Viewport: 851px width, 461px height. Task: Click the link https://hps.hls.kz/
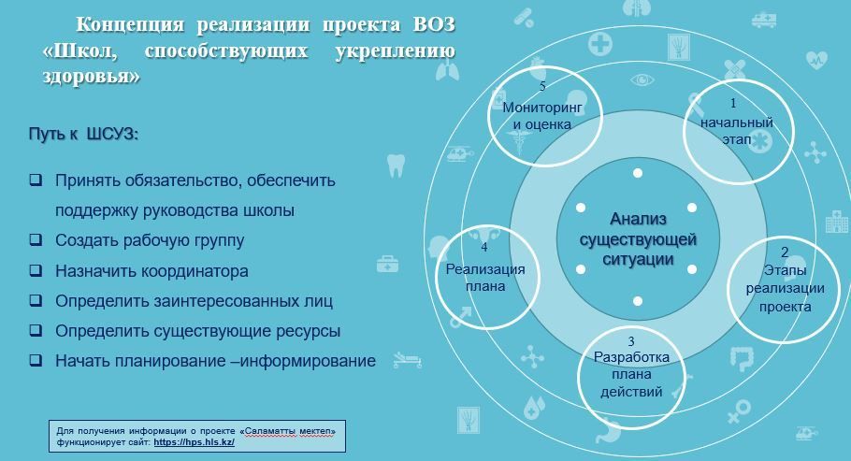coord(194,442)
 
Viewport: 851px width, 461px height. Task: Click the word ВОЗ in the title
coord(434,25)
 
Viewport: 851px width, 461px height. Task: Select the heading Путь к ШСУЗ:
coord(83,134)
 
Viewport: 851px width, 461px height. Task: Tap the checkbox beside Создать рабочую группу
coord(36,239)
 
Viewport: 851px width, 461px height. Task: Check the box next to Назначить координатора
coord(36,269)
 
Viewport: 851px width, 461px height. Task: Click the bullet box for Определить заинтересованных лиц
coord(36,299)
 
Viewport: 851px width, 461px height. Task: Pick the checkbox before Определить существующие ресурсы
coord(36,329)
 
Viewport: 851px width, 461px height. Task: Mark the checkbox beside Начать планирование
coord(36,359)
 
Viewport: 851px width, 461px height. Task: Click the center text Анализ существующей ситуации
coord(638,239)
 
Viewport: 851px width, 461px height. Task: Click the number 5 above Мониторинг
coord(542,86)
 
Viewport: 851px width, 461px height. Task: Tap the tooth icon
coord(397,166)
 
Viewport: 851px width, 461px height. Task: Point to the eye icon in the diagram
coord(642,80)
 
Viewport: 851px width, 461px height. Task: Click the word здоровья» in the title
coord(92,76)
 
